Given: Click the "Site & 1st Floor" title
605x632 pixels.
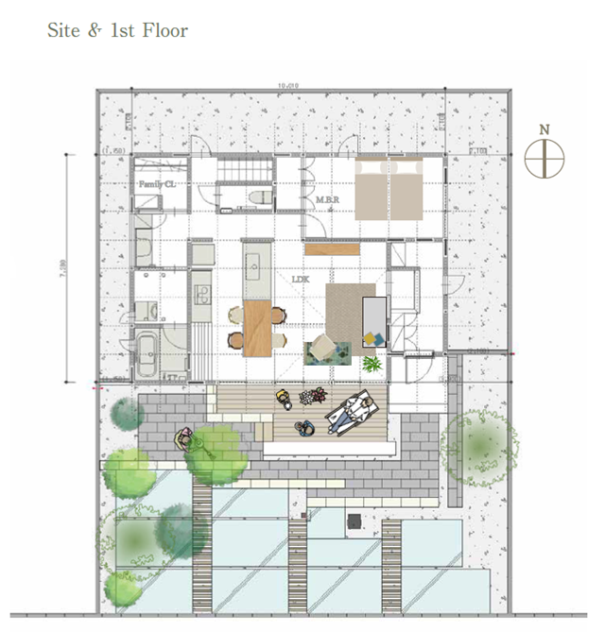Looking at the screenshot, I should pyautogui.click(x=118, y=30).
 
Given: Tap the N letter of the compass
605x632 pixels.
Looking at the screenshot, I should pyautogui.click(x=544, y=128).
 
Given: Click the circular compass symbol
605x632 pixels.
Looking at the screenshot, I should pyautogui.click(x=544, y=158).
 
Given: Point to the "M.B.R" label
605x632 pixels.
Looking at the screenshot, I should pyautogui.click(x=328, y=199).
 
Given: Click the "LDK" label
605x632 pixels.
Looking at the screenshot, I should pyautogui.click(x=301, y=279).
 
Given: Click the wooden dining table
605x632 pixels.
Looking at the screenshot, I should pyautogui.click(x=257, y=328).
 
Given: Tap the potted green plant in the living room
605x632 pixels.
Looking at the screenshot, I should pyautogui.click(x=372, y=362).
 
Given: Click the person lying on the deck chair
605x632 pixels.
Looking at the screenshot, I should pyautogui.click(x=352, y=411).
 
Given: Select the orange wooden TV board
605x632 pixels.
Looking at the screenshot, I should pyautogui.click(x=333, y=249).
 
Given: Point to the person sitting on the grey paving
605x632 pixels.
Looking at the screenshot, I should pyautogui.click(x=185, y=438).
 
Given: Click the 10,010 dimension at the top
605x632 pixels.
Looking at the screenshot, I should pyautogui.click(x=288, y=86).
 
